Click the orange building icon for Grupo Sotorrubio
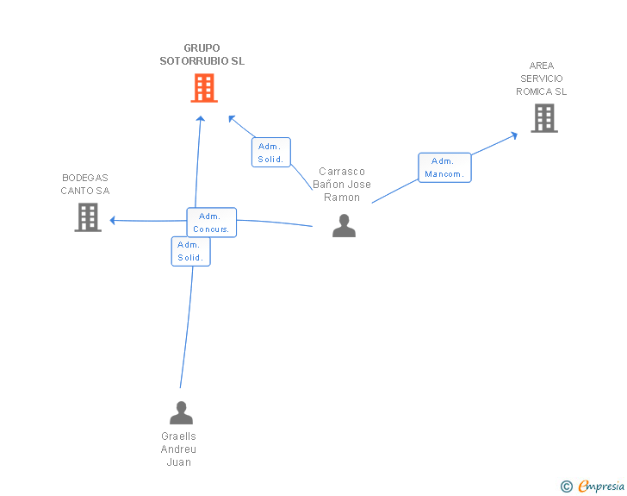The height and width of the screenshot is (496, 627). [204, 88]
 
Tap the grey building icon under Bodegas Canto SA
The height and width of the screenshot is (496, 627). [88, 217]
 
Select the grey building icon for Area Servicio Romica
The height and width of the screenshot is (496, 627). [544, 118]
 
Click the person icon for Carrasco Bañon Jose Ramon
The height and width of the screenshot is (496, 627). [344, 225]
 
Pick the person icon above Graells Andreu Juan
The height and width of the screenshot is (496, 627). [181, 412]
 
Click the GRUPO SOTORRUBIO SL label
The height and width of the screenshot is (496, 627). [202, 54]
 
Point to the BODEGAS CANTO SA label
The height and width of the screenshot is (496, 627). [85, 185]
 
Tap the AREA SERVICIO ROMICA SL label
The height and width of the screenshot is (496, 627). [542, 78]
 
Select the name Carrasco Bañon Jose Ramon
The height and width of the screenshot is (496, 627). [342, 185]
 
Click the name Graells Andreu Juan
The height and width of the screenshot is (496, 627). [179, 449]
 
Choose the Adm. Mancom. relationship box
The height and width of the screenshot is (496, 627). [444, 167]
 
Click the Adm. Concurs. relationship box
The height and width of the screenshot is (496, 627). [212, 223]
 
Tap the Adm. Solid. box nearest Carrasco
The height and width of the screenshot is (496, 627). [271, 152]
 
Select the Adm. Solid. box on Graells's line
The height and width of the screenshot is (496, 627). [190, 251]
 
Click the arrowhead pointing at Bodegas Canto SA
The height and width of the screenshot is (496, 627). [112, 220]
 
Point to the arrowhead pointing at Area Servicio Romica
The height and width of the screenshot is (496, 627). [514, 135]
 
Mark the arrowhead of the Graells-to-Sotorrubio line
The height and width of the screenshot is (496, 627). [201, 118]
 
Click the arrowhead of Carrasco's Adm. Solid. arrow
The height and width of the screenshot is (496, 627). [231, 118]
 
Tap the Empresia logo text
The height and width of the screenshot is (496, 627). [601, 486]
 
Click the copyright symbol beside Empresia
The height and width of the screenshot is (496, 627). [567, 487]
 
